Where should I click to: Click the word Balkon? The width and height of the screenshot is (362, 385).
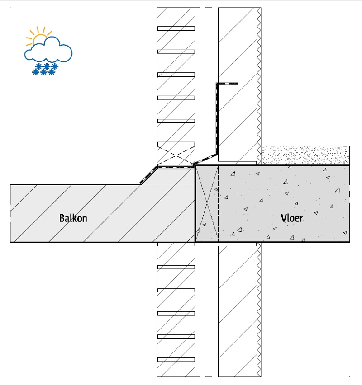coord(73,218)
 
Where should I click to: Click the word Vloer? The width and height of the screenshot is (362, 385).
coord(292,218)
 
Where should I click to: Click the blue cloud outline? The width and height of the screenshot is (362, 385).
coord(48,49)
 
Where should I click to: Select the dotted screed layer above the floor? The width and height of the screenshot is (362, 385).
coord(305,155)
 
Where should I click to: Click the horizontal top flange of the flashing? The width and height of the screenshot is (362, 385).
coord(227,84)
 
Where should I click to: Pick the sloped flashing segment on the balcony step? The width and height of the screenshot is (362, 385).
coord(148,175)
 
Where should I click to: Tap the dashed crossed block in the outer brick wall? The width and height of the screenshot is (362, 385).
coord(176,155)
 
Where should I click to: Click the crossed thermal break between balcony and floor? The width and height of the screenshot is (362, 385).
coord(207,203)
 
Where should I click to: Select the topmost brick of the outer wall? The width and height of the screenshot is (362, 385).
coord(176,17)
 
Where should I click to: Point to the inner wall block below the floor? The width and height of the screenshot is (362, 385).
coord(238,311)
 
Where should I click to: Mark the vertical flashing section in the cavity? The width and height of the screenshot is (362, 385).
coord(217,119)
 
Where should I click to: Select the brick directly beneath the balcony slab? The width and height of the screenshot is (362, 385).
coord(176,256)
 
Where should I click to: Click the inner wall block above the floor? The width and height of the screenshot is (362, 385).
coord(238,85)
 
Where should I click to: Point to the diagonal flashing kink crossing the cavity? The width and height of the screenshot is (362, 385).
coord(205,159)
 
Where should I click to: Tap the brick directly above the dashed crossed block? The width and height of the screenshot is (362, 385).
coord(176,132)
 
